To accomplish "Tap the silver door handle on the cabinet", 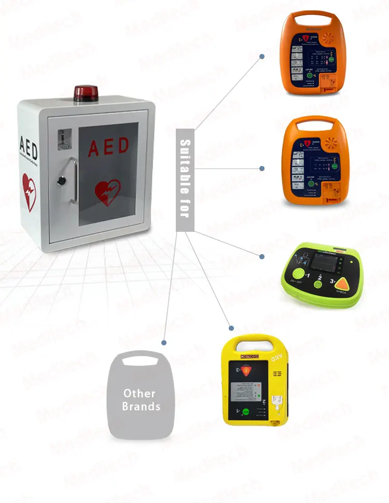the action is (x=74, y=180).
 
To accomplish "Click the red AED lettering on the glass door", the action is (x=108, y=147).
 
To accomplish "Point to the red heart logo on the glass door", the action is (x=107, y=192).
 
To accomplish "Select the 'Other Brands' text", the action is (x=141, y=400).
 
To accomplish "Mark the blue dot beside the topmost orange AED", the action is (x=262, y=57).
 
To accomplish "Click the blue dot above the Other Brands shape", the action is (x=164, y=343).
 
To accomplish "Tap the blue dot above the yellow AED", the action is (x=231, y=328).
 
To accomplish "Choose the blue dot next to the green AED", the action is (x=262, y=256).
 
